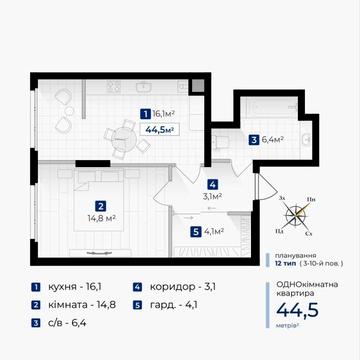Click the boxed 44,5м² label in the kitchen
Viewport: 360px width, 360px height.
click(x=160, y=129)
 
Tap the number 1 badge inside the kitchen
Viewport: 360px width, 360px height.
click(x=145, y=114)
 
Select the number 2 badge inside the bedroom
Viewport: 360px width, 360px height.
click(x=101, y=206)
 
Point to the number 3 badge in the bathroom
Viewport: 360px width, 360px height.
click(x=254, y=140)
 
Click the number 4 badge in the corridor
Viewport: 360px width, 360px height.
click(x=212, y=184)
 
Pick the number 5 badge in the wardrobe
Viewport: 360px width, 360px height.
click(x=196, y=232)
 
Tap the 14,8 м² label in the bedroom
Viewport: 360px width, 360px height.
click(x=101, y=219)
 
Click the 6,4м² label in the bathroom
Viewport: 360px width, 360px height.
click(x=272, y=140)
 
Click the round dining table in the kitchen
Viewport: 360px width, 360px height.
click(x=125, y=139)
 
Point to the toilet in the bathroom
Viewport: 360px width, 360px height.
click(x=221, y=141)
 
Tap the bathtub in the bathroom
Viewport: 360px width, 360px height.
click(x=269, y=107)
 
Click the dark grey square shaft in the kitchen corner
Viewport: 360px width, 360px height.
click(x=197, y=86)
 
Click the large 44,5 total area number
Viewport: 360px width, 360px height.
click(x=297, y=310)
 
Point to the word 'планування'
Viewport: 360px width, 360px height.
click(x=295, y=256)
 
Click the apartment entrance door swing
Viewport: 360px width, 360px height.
click(x=265, y=187)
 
